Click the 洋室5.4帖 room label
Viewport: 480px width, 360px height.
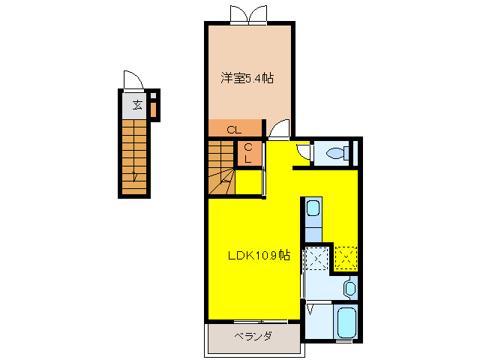[x=247, y=77]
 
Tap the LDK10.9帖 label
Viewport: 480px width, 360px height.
[x=259, y=255]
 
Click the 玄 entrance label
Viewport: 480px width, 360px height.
[x=137, y=104]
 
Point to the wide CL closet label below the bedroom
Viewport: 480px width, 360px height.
[x=234, y=129]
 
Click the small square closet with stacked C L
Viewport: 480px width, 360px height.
[x=248, y=153]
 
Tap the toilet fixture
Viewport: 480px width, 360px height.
[x=333, y=154]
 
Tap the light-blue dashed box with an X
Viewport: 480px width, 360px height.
[x=316, y=259]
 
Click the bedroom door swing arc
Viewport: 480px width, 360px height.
[x=277, y=130]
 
